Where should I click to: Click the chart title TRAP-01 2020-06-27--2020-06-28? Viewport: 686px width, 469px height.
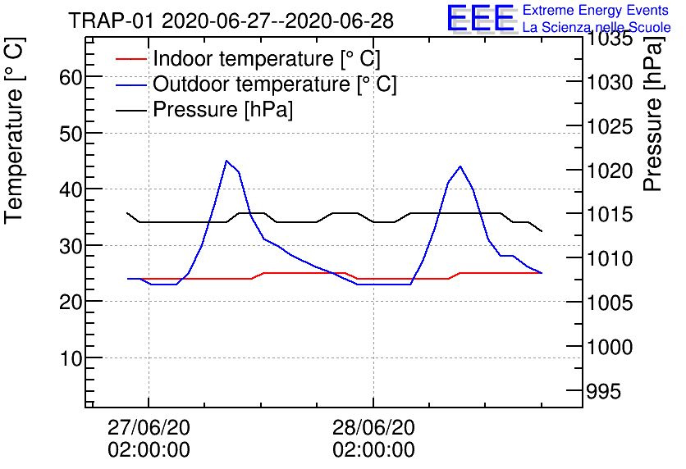231,20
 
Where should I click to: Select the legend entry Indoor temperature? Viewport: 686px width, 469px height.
266,59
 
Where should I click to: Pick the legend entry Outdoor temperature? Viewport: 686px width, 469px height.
274,84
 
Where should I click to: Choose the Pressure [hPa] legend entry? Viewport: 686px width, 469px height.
222,110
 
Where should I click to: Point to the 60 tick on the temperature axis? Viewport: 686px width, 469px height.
72,77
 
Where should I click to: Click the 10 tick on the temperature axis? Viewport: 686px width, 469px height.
72,358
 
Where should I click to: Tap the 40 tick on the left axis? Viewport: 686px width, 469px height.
72,189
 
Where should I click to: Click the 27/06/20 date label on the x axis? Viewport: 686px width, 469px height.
149,429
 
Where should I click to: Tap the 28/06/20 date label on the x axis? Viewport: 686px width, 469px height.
373,429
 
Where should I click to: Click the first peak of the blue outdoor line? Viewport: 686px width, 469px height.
226,161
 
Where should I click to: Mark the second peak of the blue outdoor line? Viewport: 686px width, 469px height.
460,166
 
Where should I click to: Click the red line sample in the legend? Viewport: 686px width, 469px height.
130,59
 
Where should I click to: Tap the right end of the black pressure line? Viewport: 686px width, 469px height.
542,231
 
